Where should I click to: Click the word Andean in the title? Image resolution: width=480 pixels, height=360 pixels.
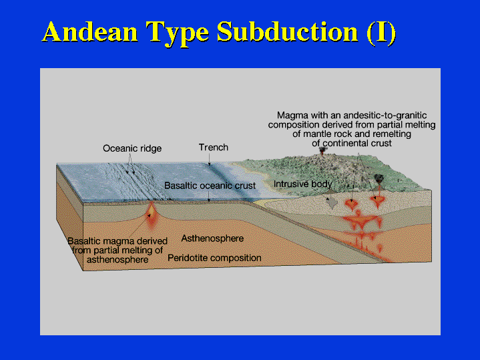click(90, 31)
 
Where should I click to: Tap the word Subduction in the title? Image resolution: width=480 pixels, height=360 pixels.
click(288, 31)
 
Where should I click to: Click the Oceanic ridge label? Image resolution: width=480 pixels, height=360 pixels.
click(132, 148)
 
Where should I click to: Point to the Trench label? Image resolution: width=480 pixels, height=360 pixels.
click(214, 148)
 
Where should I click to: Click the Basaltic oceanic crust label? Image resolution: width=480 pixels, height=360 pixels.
click(210, 186)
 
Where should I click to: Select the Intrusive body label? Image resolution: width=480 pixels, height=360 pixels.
click(303, 184)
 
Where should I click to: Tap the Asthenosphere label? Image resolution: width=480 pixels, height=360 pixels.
click(212, 238)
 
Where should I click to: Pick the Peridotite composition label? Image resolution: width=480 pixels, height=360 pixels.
click(214, 258)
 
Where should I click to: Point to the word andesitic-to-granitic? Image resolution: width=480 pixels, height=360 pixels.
click(385, 115)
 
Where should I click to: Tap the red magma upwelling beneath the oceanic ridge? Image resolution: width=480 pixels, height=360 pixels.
click(152, 214)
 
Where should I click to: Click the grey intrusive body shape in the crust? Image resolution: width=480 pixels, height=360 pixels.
click(332, 202)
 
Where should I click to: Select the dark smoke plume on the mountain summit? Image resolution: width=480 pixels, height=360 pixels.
click(322, 150)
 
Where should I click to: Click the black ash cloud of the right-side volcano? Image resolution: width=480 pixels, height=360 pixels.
click(379, 178)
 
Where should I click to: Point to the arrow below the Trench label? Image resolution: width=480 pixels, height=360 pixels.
click(210, 160)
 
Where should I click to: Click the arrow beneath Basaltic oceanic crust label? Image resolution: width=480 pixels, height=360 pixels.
click(209, 196)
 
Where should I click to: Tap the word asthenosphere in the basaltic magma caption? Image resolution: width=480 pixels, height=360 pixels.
click(117, 260)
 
